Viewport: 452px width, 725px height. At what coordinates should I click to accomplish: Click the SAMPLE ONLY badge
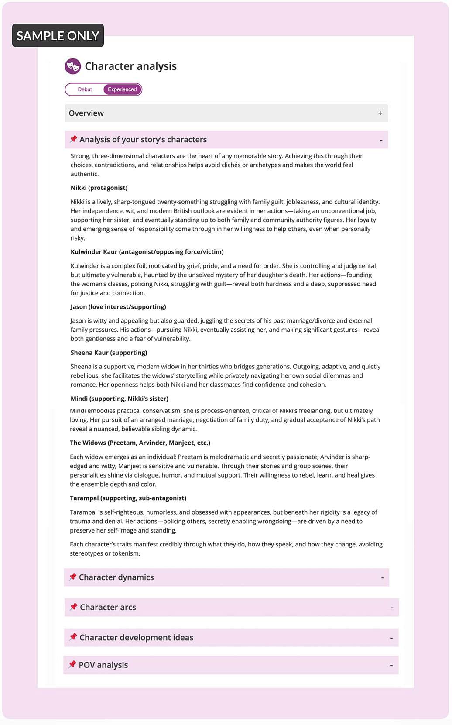coord(58,35)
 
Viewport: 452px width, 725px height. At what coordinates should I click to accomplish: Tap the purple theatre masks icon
coord(73,66)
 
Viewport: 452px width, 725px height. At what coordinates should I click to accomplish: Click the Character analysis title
coord(130,66)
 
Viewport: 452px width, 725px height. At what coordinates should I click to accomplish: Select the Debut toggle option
coord(85,89)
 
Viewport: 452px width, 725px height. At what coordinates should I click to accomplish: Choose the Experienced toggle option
coord(122,89)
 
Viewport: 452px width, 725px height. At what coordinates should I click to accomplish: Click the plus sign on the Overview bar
coord(380,113)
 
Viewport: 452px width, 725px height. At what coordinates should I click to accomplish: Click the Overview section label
coord(86,113)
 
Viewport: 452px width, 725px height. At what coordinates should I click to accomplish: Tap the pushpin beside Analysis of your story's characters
coord(73,139)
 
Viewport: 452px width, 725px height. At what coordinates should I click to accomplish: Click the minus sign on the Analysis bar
coord(381,140)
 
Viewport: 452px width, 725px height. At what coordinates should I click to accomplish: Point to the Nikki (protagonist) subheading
coord(99,188)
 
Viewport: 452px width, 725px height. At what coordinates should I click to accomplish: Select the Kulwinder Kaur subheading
coord(147,252)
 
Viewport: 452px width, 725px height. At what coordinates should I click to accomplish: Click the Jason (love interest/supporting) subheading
coord(118,307)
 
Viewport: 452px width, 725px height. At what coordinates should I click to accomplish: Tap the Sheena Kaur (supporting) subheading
coord(109,353)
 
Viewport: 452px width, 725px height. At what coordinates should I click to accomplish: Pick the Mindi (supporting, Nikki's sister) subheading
coord(119,399)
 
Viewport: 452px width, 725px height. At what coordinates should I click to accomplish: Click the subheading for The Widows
coord(140,443)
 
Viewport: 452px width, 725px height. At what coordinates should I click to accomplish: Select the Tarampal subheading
coord(128,498)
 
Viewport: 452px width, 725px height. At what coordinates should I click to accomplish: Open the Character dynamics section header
coord(116,577)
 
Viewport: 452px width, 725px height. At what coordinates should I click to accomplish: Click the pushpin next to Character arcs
coord(73,607)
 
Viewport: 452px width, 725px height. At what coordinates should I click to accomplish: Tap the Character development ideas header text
coord(136,638)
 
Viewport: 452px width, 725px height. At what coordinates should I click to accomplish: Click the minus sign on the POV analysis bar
coord(391,666)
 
